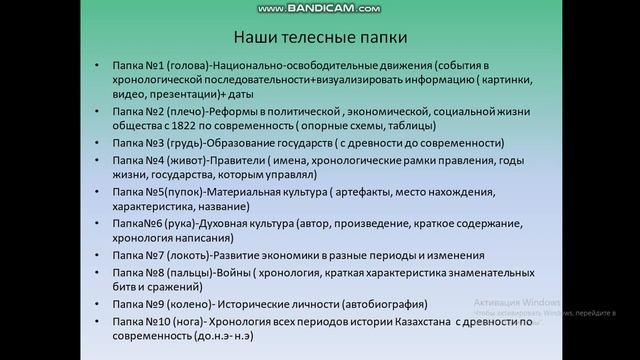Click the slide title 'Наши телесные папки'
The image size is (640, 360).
point(320,39)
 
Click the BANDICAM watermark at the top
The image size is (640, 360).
point(320,8)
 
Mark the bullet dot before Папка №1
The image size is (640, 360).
point(97,67)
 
